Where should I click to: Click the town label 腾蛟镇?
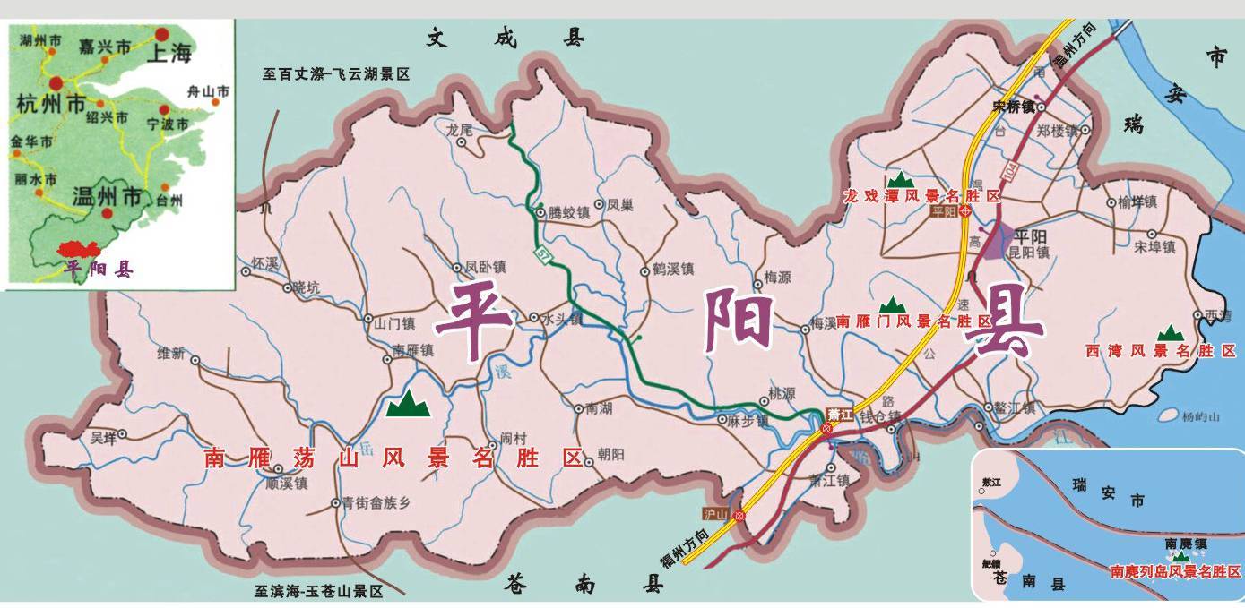[x=568, y=213]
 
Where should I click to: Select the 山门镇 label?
[x=393, y=321]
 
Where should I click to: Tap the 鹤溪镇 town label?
[x=673, y=270]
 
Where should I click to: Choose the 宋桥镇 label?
[x=1014, y=106]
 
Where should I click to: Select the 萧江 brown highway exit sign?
[x=839, y=414]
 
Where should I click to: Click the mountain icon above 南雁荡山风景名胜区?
[x=408, y=405]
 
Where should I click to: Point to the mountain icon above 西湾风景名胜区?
[x=1170, y=333]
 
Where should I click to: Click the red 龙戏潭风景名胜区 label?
[x=921, y=195]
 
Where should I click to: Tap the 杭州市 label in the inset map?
[x=51, y=103]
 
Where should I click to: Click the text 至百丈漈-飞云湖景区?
[x=336, y=74]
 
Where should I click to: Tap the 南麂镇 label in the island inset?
[x=1186, y=544]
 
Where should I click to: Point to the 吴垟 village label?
[x=104, y=437]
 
